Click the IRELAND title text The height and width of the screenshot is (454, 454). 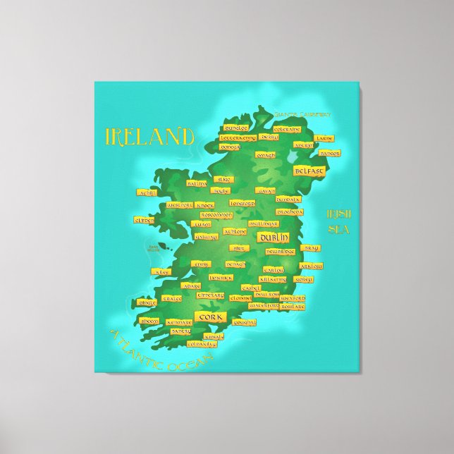point(149,136)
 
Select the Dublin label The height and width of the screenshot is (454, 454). point(272,238)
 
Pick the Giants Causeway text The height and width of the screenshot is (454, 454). point(303,114)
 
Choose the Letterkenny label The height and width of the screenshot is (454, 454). point(238,138)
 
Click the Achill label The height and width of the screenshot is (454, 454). point(147,191)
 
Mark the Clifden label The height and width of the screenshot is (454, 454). point(143,220)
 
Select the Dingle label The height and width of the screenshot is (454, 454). point(147,302)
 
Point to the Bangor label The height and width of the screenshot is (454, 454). point(329,153)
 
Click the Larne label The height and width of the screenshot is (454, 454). point(324,138)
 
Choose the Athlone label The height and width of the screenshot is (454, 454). point(235,231)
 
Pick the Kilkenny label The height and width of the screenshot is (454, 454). point(273,279)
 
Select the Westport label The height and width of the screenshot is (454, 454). point(179,205)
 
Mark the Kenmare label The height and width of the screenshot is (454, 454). point(180,321)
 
